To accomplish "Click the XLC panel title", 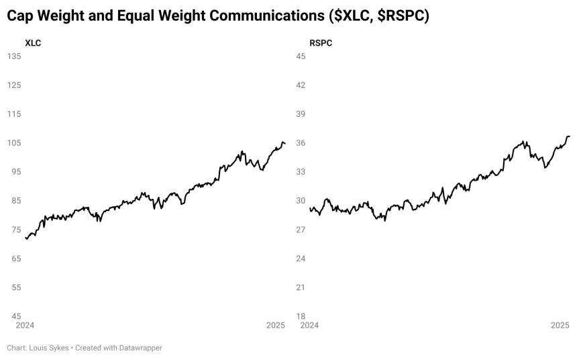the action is pos(33,43).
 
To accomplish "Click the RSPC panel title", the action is pos(321,43).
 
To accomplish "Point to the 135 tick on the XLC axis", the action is pos(14,56).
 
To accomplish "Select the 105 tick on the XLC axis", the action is pos(14,143).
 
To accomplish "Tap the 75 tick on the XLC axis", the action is pos(16,230).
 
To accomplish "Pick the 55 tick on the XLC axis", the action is pos(16,287).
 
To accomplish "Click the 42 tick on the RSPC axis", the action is pos(301,85).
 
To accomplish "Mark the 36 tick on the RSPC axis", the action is pos(301,143).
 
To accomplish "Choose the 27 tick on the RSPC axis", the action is pos(301,230).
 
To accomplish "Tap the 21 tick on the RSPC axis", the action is pos(301,287).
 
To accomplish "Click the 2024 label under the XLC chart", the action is pos(25,325).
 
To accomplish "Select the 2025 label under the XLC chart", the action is pos(276,325).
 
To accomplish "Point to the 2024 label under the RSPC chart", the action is pos(309,325).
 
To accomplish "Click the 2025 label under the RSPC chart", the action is pos(560,325).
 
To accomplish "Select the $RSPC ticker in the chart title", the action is pos(401,16).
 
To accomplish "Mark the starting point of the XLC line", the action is pos(25,238).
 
